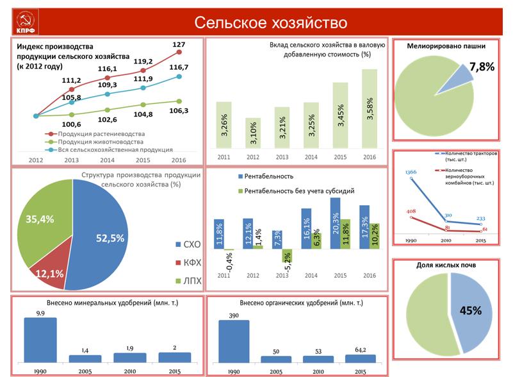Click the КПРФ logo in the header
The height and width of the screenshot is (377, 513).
[26, 22]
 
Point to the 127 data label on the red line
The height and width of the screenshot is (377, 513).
[179, 45]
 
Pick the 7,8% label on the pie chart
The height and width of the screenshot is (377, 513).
[482, 67]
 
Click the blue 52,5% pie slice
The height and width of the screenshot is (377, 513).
[102, 237]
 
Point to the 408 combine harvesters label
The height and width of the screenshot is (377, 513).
[411, 212]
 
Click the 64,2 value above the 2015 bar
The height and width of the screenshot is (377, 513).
[361, 349]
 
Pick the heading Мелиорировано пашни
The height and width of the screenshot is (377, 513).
[446, 46]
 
